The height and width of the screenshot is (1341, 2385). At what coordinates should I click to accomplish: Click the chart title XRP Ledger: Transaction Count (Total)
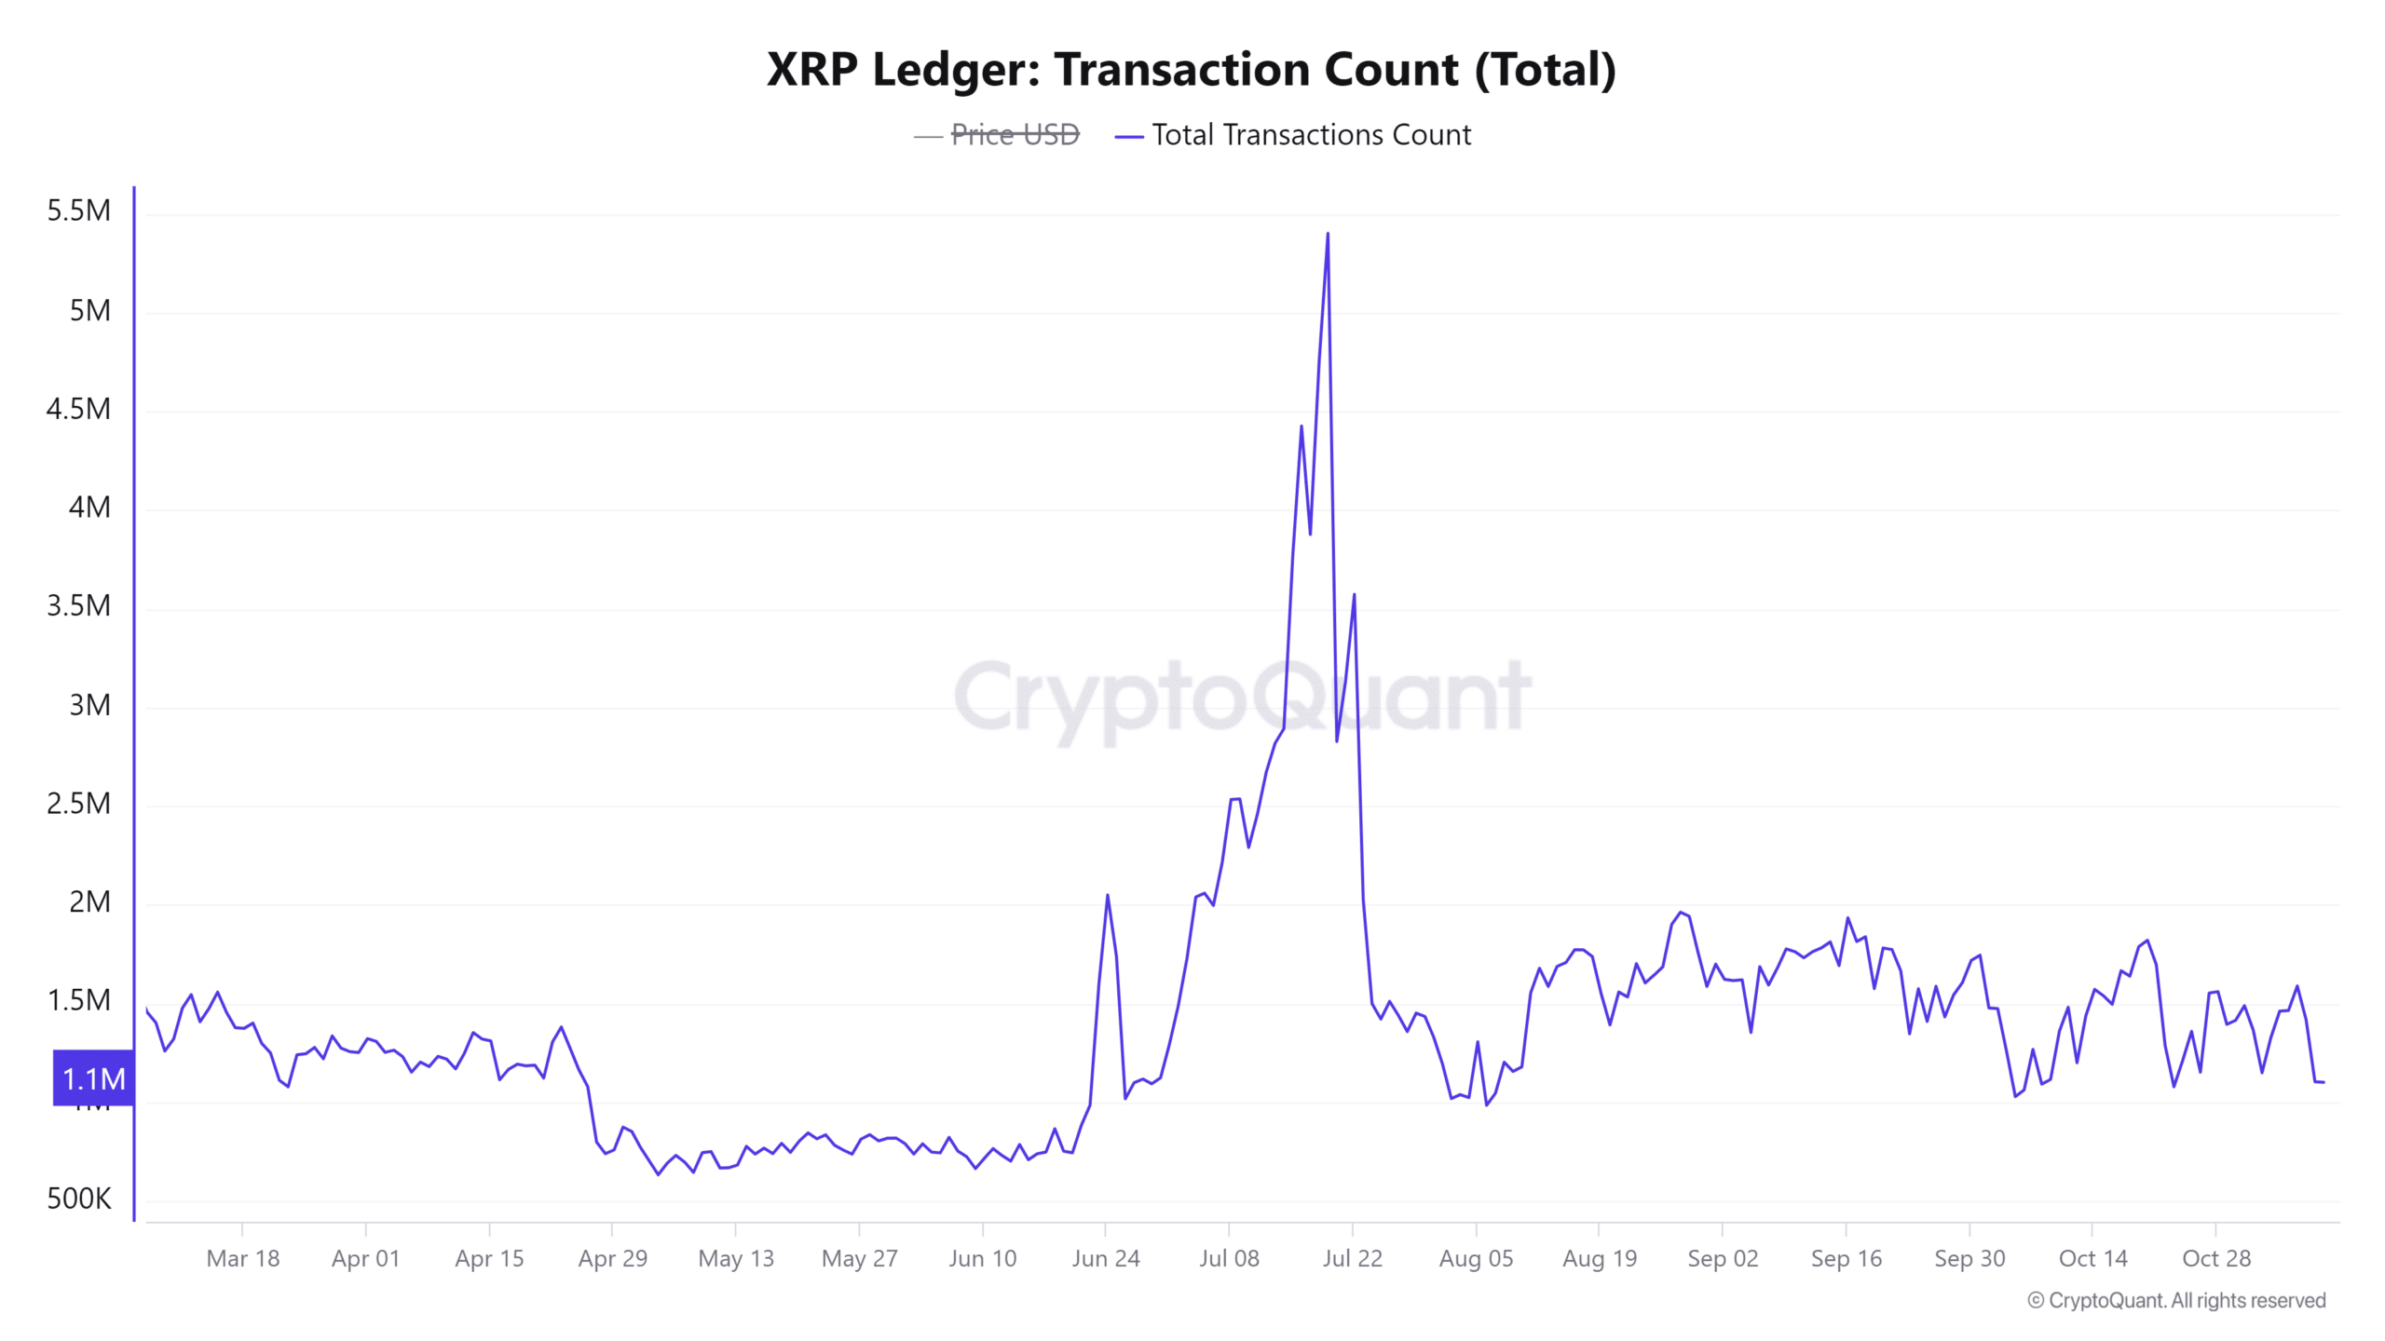tap(1191, 70)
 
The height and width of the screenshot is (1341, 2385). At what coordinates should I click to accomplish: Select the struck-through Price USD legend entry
tap(1014, 135)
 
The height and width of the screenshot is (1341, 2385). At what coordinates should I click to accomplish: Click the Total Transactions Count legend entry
tap(1311, 135)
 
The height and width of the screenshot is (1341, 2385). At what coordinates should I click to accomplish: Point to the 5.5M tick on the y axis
tap(79, 211)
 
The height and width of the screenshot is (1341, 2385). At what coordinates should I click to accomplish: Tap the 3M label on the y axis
tap(89, 706)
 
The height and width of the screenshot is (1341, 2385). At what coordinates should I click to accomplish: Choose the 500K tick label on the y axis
tap(79, 1199)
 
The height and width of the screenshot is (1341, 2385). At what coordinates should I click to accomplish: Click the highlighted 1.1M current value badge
tap(93, 1079)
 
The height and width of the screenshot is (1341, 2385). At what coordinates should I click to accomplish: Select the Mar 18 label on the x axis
tap(242, 1259)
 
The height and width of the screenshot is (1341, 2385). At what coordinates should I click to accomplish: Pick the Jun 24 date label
tap(1106, 1259)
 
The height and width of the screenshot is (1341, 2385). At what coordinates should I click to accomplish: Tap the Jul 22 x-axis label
tap(1352, 1259)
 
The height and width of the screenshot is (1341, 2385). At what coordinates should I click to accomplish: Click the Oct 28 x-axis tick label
tap(2216, 1259)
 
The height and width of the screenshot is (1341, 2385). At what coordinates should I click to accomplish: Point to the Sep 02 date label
tap(1723, 1259)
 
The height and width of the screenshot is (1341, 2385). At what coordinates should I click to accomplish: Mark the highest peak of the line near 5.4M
tap(1328, 235)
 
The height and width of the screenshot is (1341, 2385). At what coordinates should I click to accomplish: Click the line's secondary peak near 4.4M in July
tap(1302, 427)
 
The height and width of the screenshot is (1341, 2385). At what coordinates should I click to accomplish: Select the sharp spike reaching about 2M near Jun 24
tap(1107, 896)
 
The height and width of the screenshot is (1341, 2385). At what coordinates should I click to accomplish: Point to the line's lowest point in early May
tap(659, 1174)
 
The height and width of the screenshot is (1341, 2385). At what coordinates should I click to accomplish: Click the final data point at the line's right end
tap(2324, 1082)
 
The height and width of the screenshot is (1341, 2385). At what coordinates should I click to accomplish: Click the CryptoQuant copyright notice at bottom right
tap(2176, 1301)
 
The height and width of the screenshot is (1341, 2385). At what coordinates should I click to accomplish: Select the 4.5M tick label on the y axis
tap(79, 410)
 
